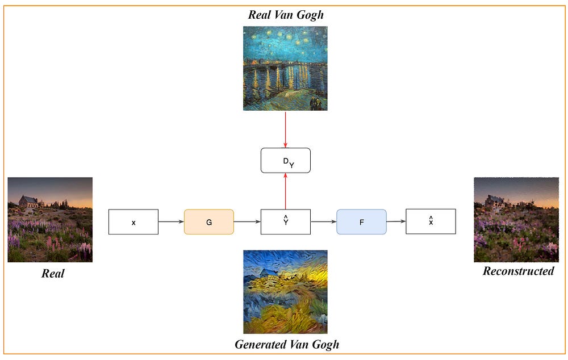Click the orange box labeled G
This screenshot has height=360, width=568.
tap(208, 222)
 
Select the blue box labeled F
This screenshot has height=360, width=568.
tap(361, 222)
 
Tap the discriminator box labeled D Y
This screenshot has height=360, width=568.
tap(285, 160)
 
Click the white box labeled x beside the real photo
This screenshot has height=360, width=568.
tap(133, 222)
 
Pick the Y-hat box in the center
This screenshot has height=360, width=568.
tap(285, 222)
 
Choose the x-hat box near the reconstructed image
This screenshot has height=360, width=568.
tap(431, 221)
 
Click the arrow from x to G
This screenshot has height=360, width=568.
tap(171, 222)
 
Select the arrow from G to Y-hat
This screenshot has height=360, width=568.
tap(247, 222)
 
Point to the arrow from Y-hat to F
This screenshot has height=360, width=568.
tap(323, 222)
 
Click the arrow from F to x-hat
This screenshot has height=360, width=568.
tap(396, 221)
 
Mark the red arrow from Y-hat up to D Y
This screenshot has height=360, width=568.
tap(285, 191)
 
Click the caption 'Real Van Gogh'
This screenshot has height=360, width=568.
tap(286, 15)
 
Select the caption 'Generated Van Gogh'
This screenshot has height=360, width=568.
tap(286, 344)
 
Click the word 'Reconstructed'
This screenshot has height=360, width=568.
tap(518, 271)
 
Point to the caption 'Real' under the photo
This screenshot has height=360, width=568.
tap(53, 273)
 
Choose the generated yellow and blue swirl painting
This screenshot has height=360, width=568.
tap(285, 292)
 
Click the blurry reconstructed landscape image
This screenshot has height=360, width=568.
tap(516, 220)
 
